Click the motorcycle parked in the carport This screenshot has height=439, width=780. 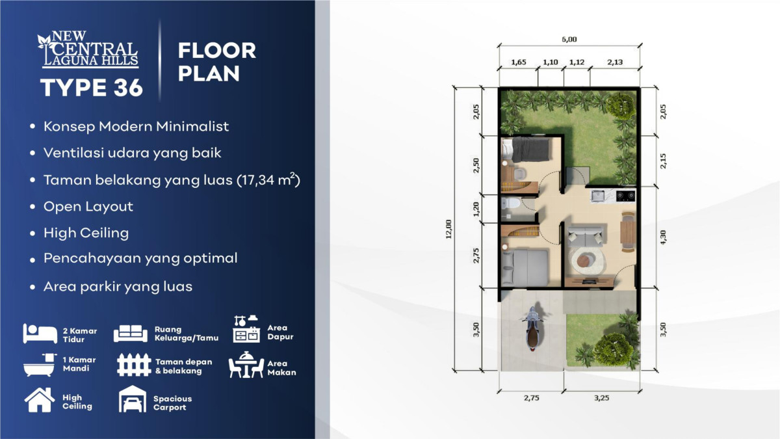(x=532, y=330)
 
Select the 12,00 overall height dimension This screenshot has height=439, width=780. (x=448, y=229)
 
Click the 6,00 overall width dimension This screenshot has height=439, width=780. (x=569, y=40)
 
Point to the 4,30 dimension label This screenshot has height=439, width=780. (x=663, y=237)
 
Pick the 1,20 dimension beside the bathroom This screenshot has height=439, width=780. (x=476, y=209)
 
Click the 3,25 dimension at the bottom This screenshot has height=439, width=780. (x=601, y=398)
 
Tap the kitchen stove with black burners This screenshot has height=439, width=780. (x=625, y=196)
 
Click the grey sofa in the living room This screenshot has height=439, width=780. (x=586, y=237)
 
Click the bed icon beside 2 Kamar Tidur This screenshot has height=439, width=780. (x=40, y=334)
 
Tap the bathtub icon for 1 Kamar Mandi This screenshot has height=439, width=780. (x=40, y=365)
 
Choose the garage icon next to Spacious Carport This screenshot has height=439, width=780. (x=133, y=399)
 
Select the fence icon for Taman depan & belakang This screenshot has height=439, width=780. (x=134, y=365)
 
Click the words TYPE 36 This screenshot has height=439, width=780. (x=92, y=87)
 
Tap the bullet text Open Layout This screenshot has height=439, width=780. (x=88, y=207)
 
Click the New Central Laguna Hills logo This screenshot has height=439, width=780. (x=88, y=49)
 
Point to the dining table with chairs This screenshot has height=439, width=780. (x=628, y=232)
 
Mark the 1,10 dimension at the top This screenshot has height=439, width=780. (x=551, y=62)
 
